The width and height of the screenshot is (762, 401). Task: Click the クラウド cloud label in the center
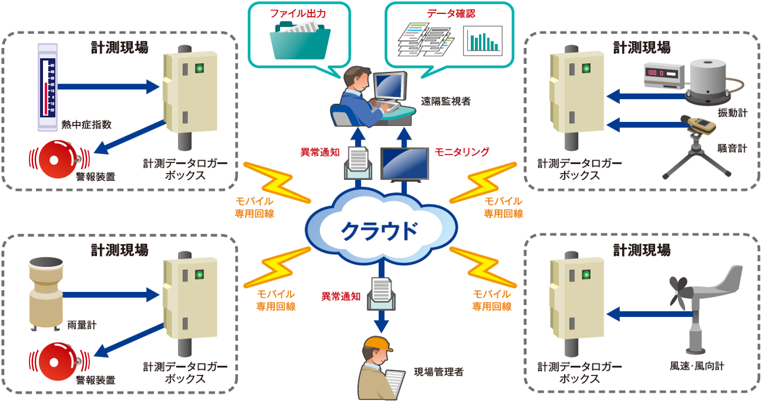pos(379,230)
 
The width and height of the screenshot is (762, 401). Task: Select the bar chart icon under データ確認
pos(482,41)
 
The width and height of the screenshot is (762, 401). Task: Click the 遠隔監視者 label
pos(446,101)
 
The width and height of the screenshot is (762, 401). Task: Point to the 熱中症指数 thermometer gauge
pos(46,86)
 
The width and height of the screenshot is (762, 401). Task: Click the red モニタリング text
pos(462,152)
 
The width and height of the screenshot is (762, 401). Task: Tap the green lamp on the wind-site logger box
pos(586,273)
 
